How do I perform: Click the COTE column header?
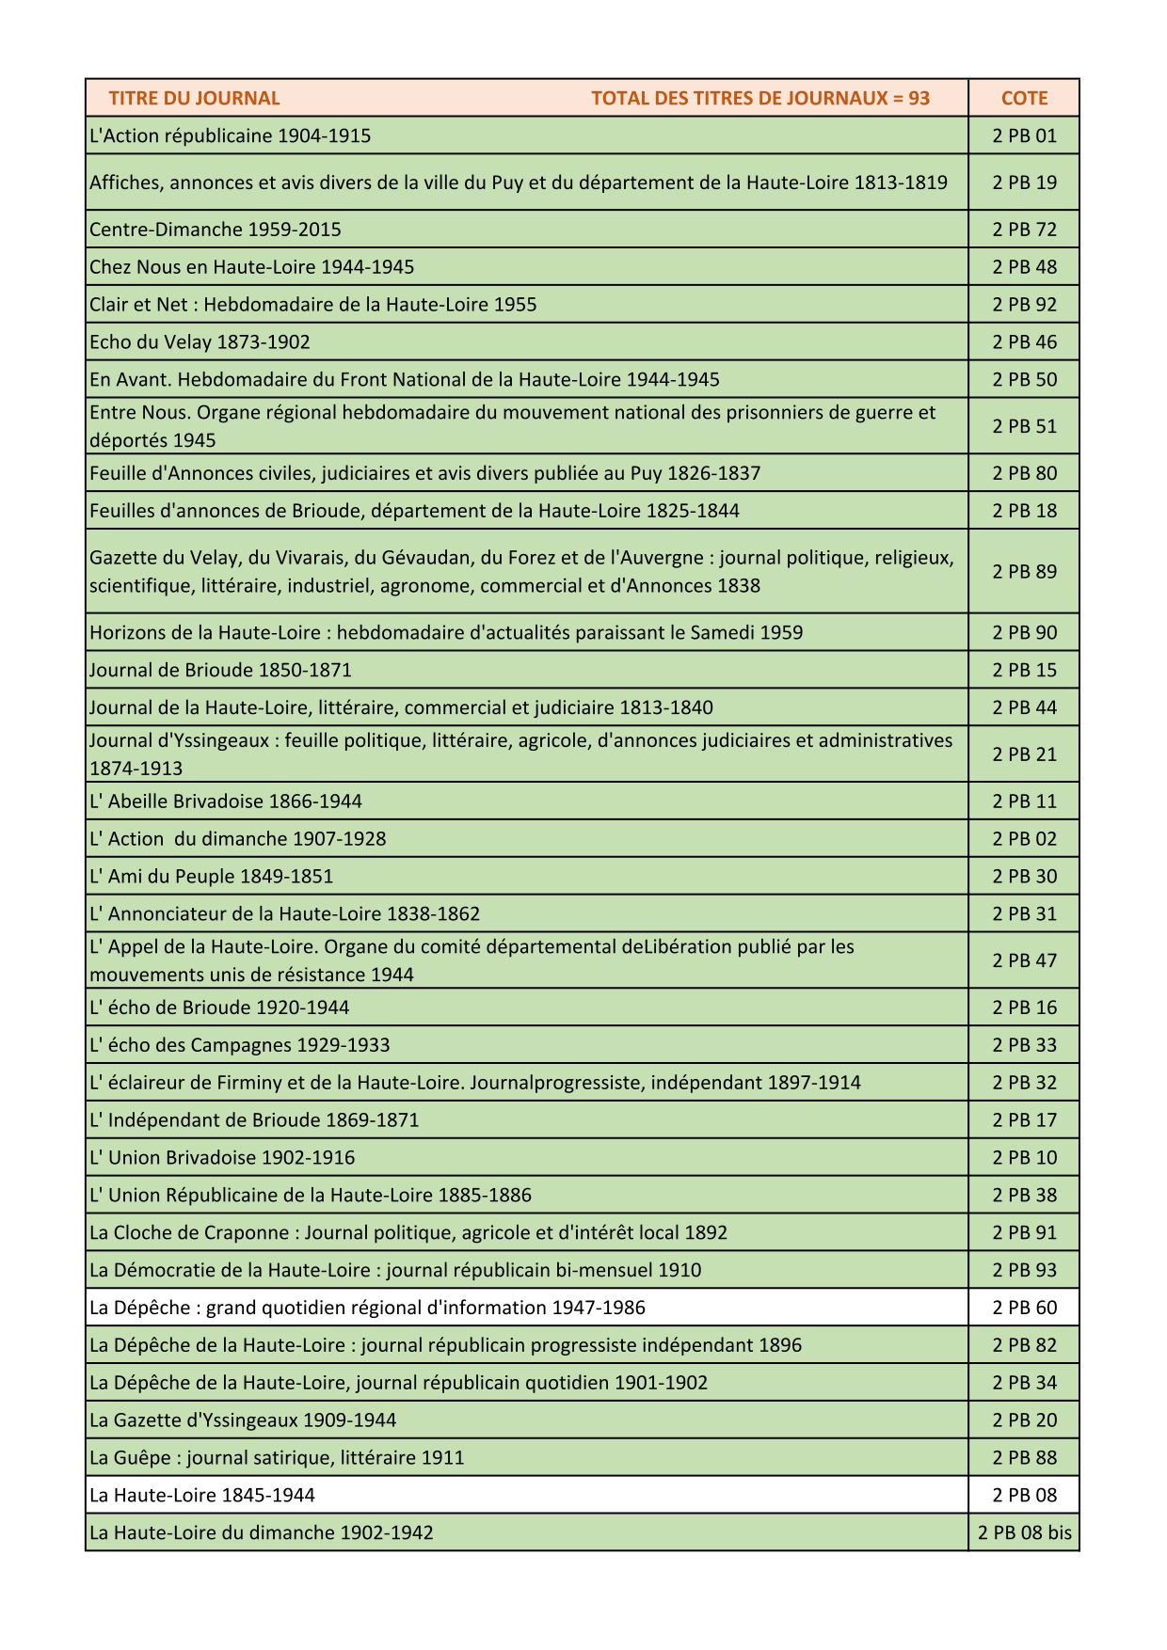click(x=1024, y=98)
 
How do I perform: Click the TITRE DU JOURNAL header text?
click(x=194, y=98)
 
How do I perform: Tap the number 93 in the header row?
click(x=919, y=98)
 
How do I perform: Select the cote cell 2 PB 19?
click(x=1024, y=182)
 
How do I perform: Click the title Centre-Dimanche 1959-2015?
click(x=216, y=230)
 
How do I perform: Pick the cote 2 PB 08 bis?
click(x=1024, y=1532)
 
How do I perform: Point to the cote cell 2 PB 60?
click(x=1024, y=1308)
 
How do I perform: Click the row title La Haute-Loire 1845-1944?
click(x=202, y=1495)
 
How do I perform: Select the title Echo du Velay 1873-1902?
click(x=200, y=342)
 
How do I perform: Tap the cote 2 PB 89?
click(x=1024, y=572)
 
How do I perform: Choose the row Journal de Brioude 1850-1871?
click(x=220, y=670)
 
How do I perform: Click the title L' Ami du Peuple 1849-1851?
click(x=212, y=876)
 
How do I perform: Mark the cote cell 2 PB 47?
click(x=1024, y=960)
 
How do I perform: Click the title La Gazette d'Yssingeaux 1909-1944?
click(x=243, y=1420)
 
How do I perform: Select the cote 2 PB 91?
click(x=1024, y=1232)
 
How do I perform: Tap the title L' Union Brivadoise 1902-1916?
click(x=222, y=1157)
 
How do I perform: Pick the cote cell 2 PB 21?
click(x=1024, y=754)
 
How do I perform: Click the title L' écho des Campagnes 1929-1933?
click(x=239, y=1045)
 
